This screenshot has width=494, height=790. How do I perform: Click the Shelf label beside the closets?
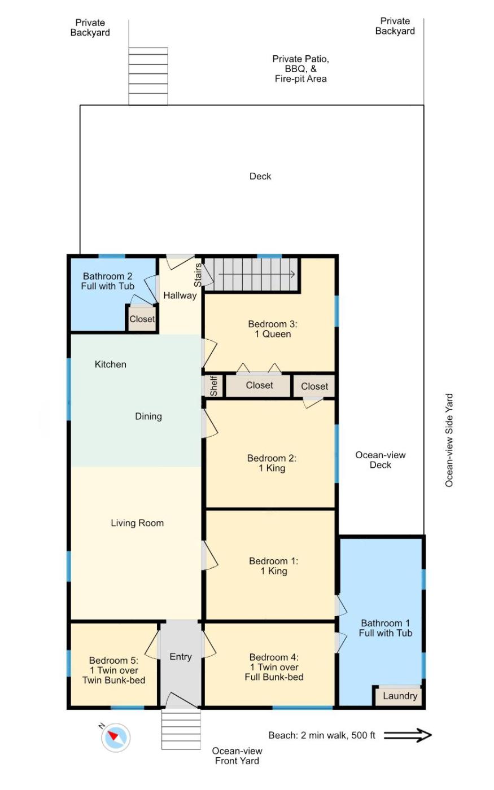(214, 385)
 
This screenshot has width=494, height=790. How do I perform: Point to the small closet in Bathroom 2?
(142, 319)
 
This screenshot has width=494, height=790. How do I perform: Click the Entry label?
(181, 657)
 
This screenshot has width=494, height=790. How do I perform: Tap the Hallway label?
(180, 295)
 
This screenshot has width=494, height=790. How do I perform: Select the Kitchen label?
(111, 365)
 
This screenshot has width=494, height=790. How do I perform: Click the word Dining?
(148, 416)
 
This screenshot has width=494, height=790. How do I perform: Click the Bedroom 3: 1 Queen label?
(273, 329)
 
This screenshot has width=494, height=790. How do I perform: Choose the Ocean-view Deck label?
(381, 460)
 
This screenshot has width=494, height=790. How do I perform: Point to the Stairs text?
(198, 275)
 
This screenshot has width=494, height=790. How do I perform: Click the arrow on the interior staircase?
(256, 274)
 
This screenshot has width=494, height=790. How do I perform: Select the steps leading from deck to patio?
(148, 76)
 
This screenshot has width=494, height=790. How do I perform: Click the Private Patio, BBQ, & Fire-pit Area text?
(300, 69)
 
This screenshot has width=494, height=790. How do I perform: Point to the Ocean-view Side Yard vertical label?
(449, 441)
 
